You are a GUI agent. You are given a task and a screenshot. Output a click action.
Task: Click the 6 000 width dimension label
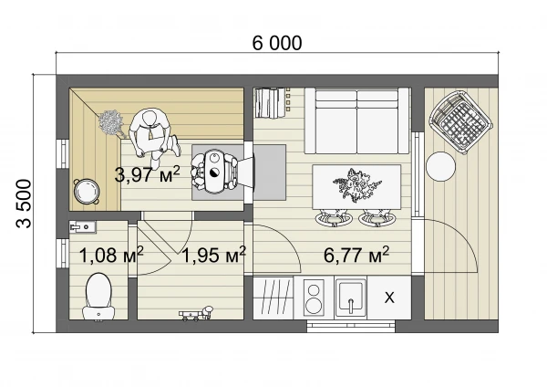277,43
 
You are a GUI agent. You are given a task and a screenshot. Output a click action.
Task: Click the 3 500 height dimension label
24,204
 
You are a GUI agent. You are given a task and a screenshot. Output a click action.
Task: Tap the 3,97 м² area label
147,174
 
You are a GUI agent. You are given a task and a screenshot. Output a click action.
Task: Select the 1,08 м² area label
111,255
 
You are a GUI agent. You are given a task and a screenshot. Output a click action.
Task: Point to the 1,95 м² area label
214,255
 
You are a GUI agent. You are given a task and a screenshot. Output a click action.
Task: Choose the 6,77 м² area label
356,255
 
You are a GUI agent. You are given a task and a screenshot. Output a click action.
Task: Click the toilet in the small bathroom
98,297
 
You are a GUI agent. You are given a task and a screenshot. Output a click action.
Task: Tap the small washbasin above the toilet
83,227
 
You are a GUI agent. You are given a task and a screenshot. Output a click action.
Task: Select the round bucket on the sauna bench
87,191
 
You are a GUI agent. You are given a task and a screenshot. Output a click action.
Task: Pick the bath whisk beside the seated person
112,123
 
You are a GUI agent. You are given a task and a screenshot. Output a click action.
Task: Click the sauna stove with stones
215,173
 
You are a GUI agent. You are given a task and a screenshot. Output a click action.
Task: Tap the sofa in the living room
356,120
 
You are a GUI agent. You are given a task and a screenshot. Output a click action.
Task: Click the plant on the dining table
356,185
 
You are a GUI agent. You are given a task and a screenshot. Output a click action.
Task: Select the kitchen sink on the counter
351,297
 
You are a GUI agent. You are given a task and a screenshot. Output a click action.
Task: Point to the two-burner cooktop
313,297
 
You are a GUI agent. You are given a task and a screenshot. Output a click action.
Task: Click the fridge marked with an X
389,298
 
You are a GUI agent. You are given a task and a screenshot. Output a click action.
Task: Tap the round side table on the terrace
441,166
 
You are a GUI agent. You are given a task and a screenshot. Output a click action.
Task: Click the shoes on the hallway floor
196,313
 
